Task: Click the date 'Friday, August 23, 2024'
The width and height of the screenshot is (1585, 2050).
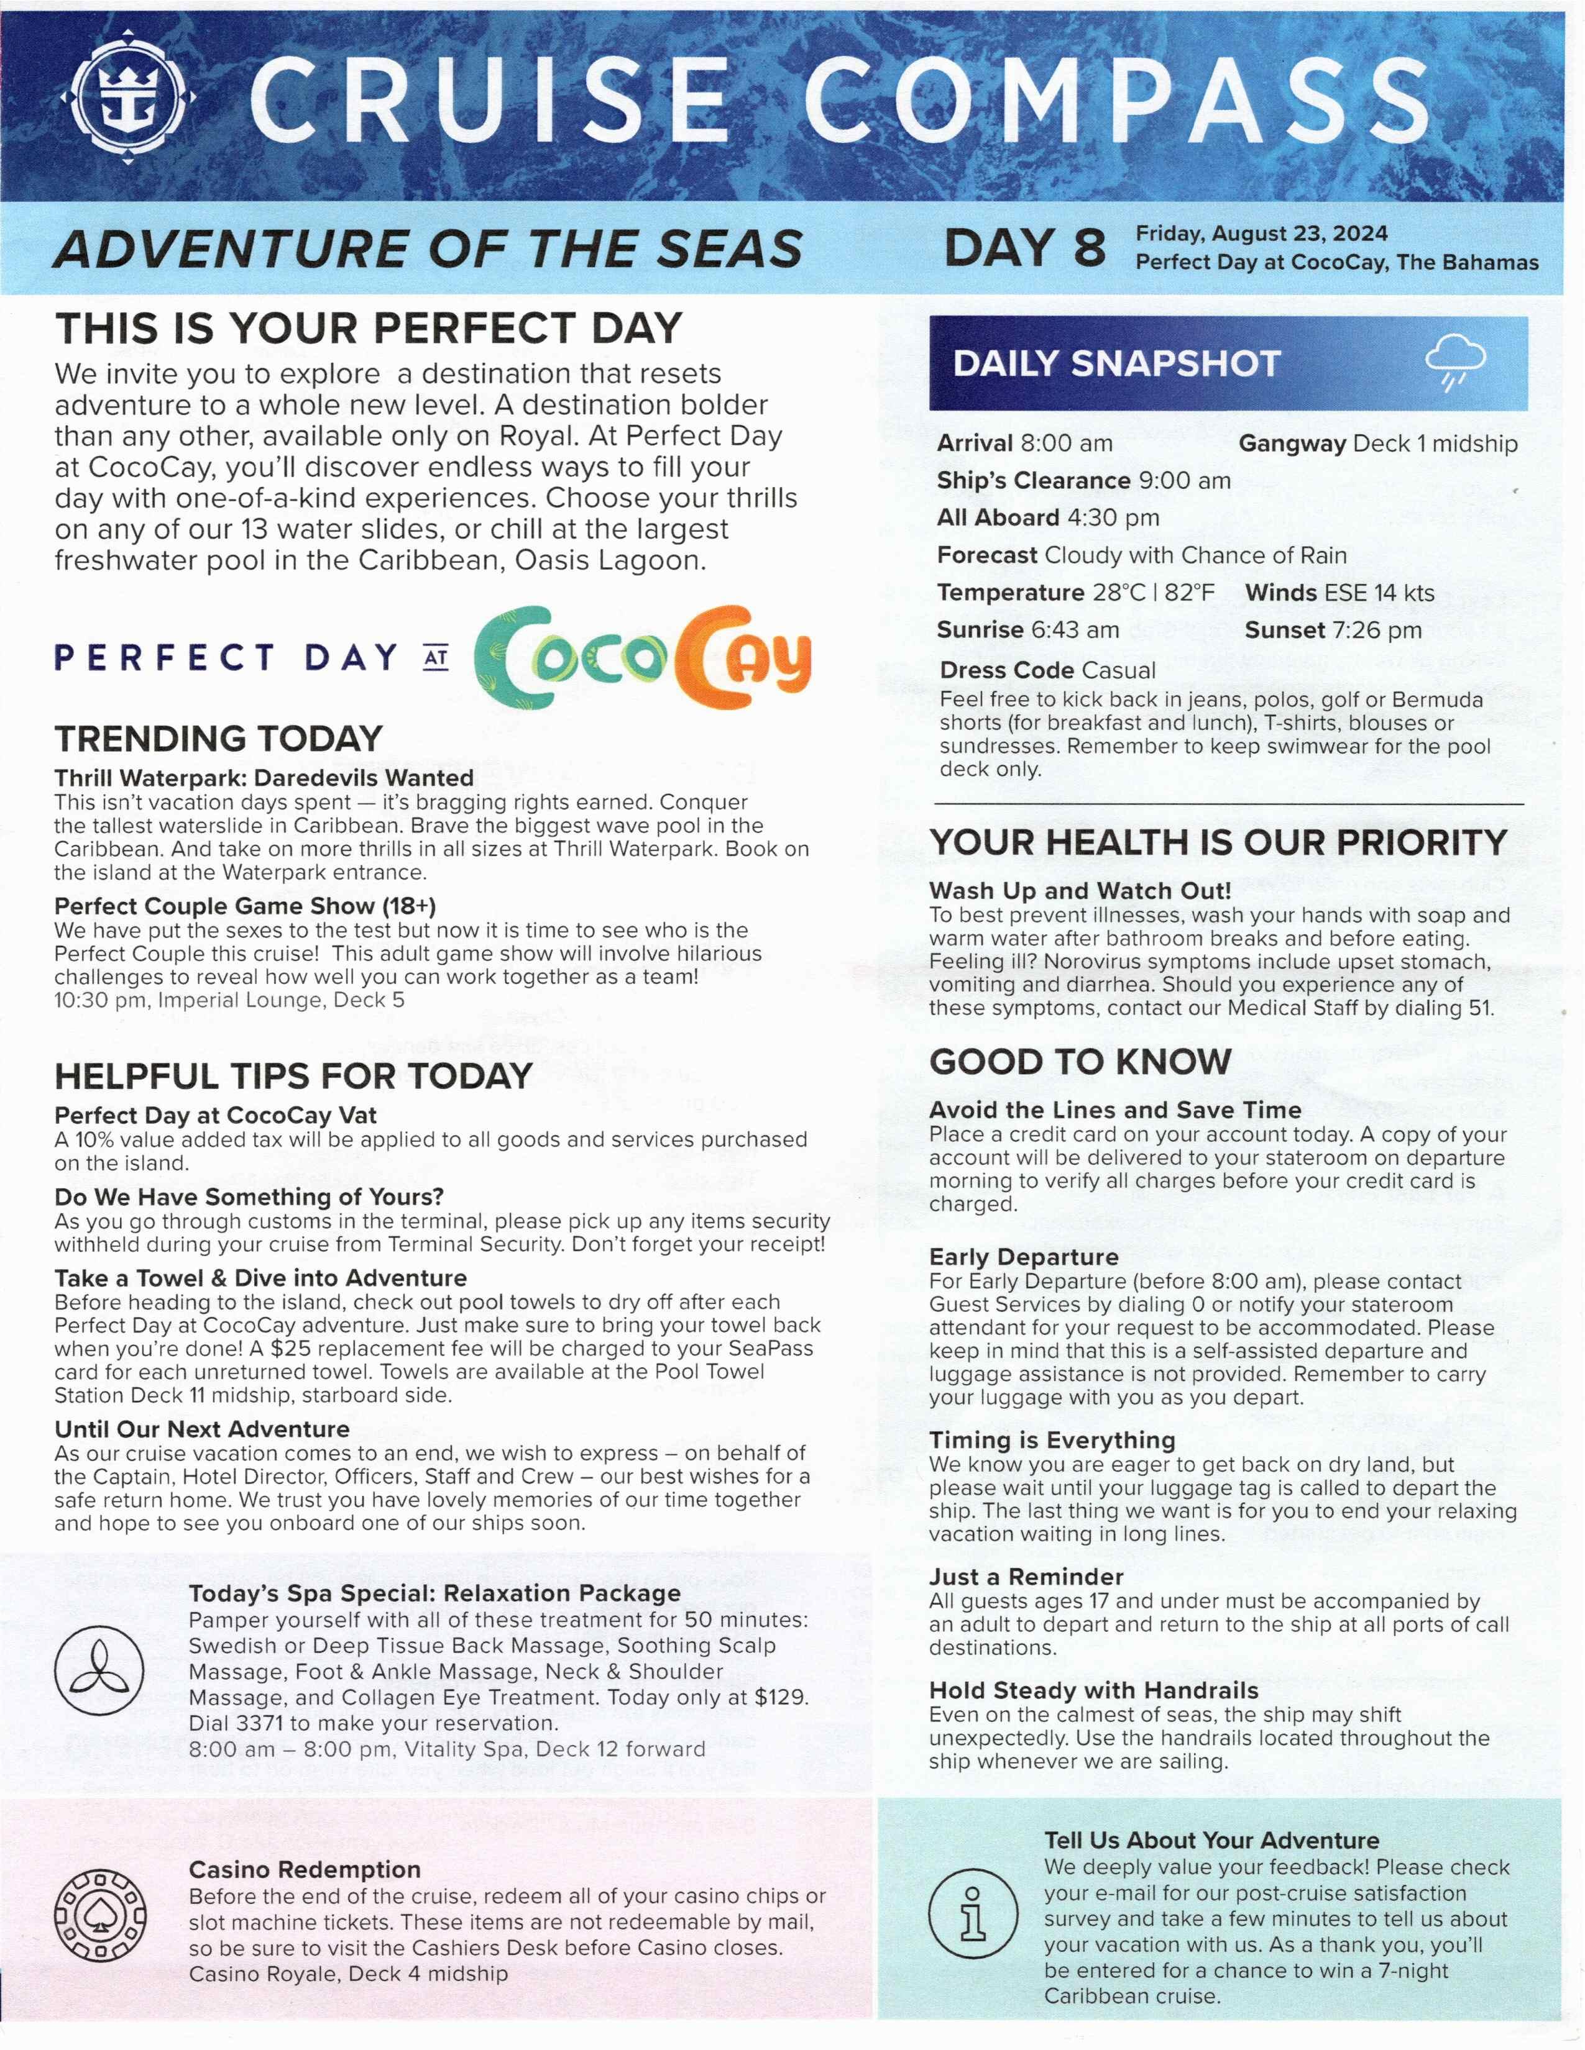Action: pos(1261,234)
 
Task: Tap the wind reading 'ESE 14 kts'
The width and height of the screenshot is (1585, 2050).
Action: pos(1379,593)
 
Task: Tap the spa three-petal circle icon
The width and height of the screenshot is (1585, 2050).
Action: pos(99,1672)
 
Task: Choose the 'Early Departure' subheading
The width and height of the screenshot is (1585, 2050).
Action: pos(1024,1257)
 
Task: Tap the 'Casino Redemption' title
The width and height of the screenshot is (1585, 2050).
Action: pos(304,1870)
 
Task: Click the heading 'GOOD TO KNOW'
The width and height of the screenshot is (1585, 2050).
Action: pos(1080,1062)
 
